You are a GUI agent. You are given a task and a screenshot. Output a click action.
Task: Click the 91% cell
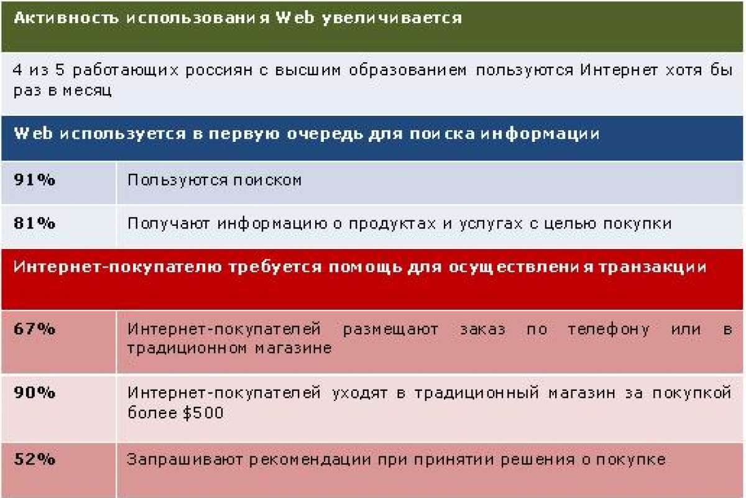pos(34,180)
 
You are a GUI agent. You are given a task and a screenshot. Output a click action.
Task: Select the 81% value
pos(34,223)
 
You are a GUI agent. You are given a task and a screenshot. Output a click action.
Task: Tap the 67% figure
pos(34,329)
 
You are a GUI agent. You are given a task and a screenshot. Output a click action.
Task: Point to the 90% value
pos(34,393)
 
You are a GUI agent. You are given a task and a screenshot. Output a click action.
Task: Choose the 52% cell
pos(34,459)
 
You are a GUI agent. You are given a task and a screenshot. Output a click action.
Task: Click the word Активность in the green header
pos(66,17)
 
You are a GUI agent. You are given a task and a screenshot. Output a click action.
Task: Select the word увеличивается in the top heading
pos(392,18)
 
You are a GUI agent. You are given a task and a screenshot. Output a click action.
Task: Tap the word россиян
pos(219,71)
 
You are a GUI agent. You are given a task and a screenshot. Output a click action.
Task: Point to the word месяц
pos(87,91)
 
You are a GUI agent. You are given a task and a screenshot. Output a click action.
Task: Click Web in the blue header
pos(34,133)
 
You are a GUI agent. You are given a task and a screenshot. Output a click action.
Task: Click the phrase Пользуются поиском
pos(214,181)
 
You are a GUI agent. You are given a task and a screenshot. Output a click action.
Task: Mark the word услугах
pos(491,224)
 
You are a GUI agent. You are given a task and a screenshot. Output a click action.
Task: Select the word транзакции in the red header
pos(652,268)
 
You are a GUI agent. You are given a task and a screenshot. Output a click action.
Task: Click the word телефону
pos(609,330)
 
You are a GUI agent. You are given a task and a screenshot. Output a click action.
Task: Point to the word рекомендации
pos(310,460)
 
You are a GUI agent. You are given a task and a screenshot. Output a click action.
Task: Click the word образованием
pos(408,71)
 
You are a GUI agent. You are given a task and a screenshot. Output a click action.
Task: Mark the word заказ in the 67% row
pos(482,329)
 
